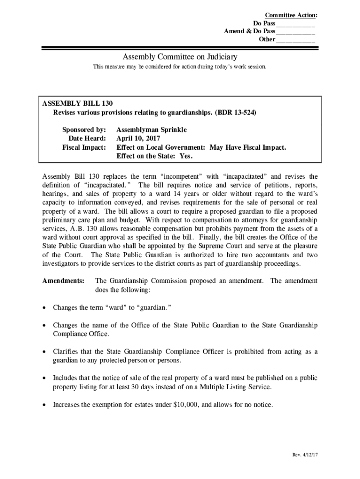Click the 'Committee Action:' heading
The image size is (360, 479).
(x=291, y=15)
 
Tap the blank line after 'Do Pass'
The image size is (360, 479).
(x=295, y=24)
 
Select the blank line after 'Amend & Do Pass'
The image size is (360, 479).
(x=295, y=32)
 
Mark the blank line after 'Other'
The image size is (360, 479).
(x=295, y=40)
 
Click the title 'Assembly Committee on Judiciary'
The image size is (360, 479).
(x=180, y=57)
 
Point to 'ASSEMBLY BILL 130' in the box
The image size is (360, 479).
(x=78, y=103)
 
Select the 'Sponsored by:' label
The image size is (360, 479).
(x=84, y=130)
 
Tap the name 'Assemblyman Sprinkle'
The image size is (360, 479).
(x=151, y=130)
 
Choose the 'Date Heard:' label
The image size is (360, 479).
(x=87, y=138)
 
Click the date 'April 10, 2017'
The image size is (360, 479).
(x=138, y=138)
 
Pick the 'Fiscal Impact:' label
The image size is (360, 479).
(x=84, y=147)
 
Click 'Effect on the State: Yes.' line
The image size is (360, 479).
(x=154, y=156)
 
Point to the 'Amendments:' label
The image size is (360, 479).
(x=64, y=281)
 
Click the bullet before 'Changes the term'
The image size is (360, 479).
(x=44, y=308)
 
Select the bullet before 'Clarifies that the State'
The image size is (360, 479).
(x=44, y=352)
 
